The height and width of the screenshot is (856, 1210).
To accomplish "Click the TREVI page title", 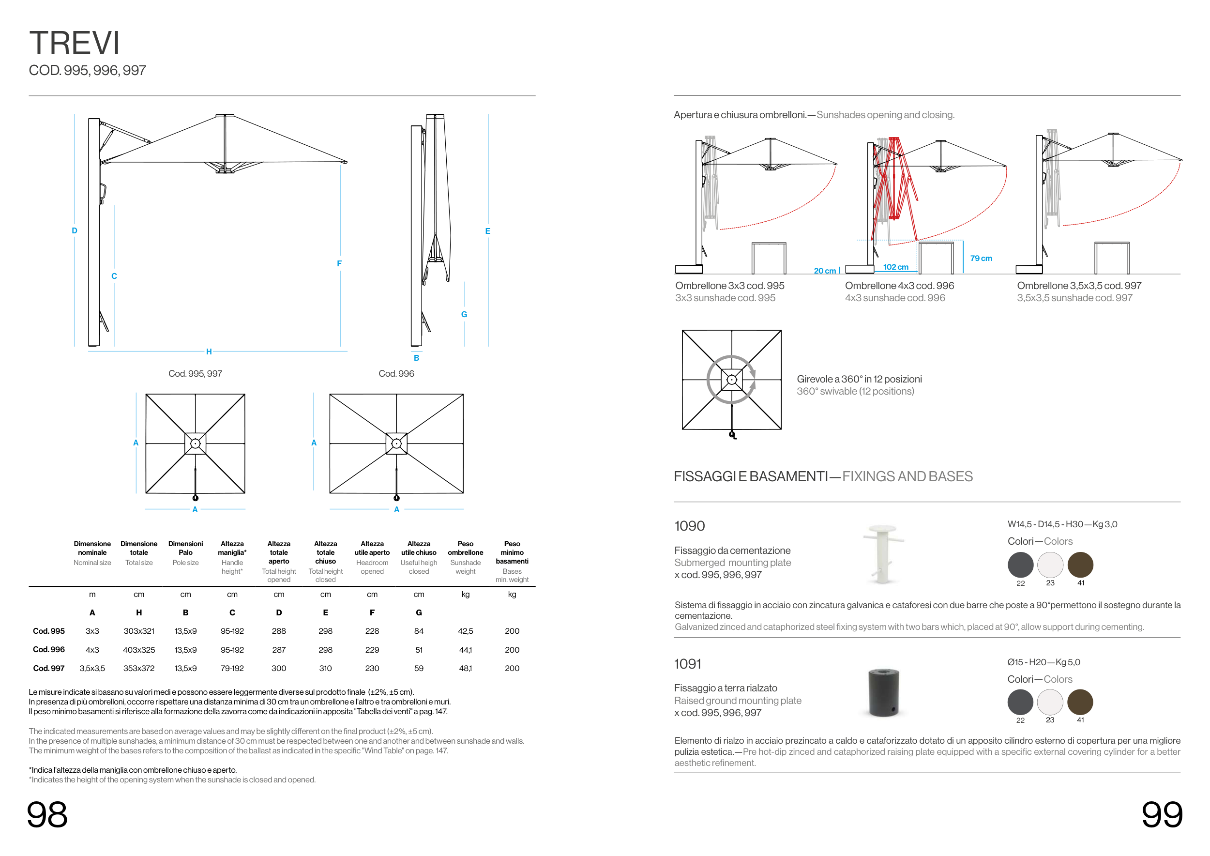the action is click(75, 43).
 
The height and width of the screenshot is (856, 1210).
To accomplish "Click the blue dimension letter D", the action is click(75, 230).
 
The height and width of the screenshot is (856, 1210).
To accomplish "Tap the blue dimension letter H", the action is click(209, 352).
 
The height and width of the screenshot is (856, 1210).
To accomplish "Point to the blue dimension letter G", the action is click(464, 314).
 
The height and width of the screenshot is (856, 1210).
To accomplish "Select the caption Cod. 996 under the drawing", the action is click(396, 374).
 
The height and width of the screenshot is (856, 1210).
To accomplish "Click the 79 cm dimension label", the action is click(981, 258).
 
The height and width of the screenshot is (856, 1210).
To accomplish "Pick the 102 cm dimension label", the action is click(895, 267).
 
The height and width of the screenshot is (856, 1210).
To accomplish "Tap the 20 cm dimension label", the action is click(825, 271).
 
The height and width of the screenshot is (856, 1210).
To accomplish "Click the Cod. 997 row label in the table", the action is click(48, 668).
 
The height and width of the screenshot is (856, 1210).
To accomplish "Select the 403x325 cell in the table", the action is click(139, 650).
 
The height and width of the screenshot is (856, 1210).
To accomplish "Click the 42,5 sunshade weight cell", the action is click(465, 631).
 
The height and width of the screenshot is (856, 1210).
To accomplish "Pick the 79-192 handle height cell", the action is click(232, 668).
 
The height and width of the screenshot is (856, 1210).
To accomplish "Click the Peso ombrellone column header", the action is click(465, 548).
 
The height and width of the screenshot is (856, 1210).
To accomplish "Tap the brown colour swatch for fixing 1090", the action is click(1080, 565).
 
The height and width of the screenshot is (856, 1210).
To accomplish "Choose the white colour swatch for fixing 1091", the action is click(1050, 702).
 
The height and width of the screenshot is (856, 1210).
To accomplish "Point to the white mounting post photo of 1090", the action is click(883, 553).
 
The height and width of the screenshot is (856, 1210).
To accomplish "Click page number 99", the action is click(1162, 815).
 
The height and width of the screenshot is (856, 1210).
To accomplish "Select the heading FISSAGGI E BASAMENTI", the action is click(751, 476).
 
